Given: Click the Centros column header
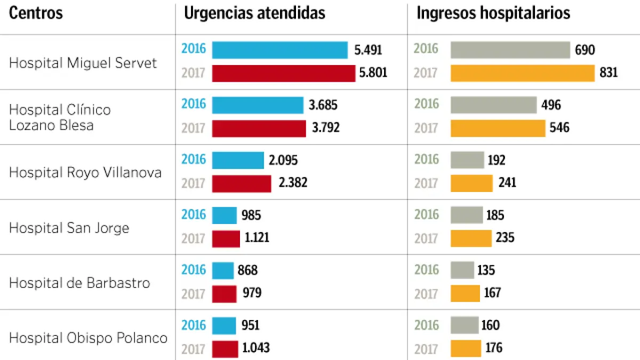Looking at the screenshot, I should (36, 13).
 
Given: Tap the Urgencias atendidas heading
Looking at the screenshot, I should (254, 13).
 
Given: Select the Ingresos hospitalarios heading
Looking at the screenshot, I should (493, 13).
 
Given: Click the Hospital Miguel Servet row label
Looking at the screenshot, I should (83, 63).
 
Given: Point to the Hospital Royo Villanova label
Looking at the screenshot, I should (85, 172).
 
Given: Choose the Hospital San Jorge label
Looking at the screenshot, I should (69, 228).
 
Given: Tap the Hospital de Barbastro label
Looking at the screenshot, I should (79, 283).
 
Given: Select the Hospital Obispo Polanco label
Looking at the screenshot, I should (89, 338).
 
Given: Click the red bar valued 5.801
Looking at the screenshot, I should (284, 73).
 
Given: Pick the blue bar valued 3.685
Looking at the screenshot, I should (258, 105).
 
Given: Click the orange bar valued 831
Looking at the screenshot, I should (522, 73).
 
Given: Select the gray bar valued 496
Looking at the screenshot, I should (493, 105).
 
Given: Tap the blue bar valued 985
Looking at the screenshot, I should (224, 215).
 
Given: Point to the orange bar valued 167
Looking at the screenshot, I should (465, 293).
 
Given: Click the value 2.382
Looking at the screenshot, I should (293, 183).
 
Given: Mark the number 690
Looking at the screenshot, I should (585, 50).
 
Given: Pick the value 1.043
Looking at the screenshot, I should (256, 348).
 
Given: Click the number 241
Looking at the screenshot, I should (507, 183).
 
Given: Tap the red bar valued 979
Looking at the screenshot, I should (224, 293).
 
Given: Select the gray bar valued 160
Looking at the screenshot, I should (465, 325).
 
